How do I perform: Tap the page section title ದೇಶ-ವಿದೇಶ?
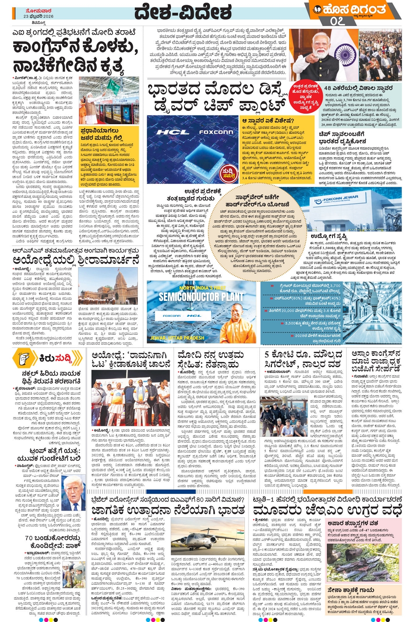click(183, 12)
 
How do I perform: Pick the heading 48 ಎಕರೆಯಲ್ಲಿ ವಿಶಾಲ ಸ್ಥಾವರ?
click(358, 88)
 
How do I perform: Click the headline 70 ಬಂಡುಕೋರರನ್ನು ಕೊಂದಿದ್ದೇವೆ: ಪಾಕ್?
click(52, 541)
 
